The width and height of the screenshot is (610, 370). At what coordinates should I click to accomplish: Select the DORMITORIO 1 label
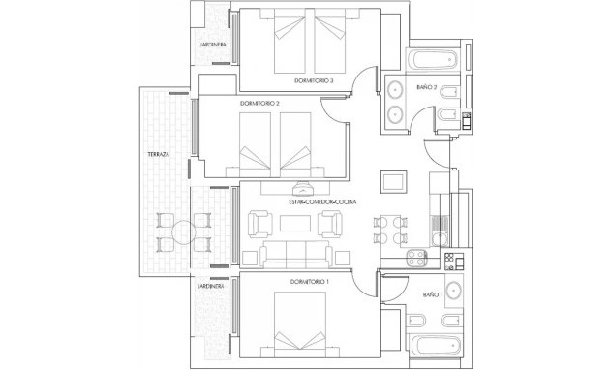[x=310, y=282]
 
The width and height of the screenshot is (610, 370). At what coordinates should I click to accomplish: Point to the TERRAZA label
[x=158, y=154]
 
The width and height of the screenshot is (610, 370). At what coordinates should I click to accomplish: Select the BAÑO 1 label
[x=433, y=293]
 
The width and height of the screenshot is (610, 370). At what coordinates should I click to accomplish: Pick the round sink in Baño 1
[x=457, y=293]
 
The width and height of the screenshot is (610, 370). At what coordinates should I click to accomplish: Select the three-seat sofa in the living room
[x=294, y=255]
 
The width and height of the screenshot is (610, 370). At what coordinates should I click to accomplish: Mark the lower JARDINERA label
[x=211, y=287]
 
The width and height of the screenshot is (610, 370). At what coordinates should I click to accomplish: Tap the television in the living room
[x=300, y=188]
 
